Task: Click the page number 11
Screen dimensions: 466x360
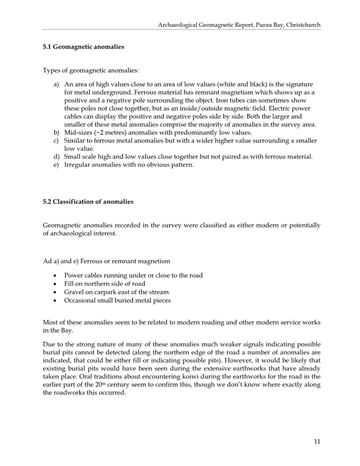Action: point(317,441)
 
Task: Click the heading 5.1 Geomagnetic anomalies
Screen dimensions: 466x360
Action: point(83,46)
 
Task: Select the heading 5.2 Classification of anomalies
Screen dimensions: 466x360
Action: point(88,201)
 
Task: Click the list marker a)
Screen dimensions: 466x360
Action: point(56,84)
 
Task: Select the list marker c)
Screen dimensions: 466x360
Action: point(56,140)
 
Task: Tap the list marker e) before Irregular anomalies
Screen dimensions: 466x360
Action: point(56,165)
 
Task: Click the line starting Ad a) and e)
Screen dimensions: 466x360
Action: point(106,261)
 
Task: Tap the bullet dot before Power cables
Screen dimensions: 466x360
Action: point(56,275)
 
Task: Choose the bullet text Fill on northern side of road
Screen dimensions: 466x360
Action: point(105,283)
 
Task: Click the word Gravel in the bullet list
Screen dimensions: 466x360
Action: point(75,292)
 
